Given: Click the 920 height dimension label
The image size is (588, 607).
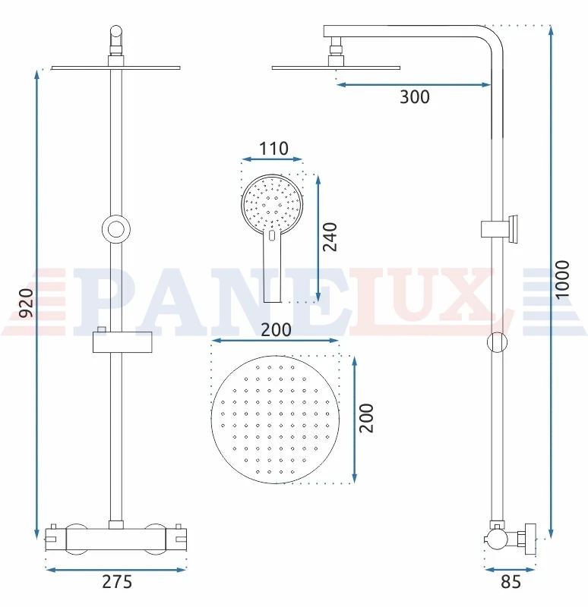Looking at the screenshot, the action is (27, 303).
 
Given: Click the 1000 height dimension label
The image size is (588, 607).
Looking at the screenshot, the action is (562, 279).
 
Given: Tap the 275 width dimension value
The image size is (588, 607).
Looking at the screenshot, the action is (117, 582).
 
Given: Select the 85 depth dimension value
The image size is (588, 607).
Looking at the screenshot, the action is (511, 582).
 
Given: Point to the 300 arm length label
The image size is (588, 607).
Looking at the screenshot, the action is (414, 97).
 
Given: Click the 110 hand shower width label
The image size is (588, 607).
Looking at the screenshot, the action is (273, 148).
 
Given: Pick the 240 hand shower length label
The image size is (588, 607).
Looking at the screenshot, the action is (330, 237).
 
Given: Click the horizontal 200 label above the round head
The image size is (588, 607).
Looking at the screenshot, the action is (276, 330).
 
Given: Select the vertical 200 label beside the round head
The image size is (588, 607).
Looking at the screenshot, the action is (366, 418).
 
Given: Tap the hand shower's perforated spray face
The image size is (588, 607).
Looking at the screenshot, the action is (272, 204).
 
